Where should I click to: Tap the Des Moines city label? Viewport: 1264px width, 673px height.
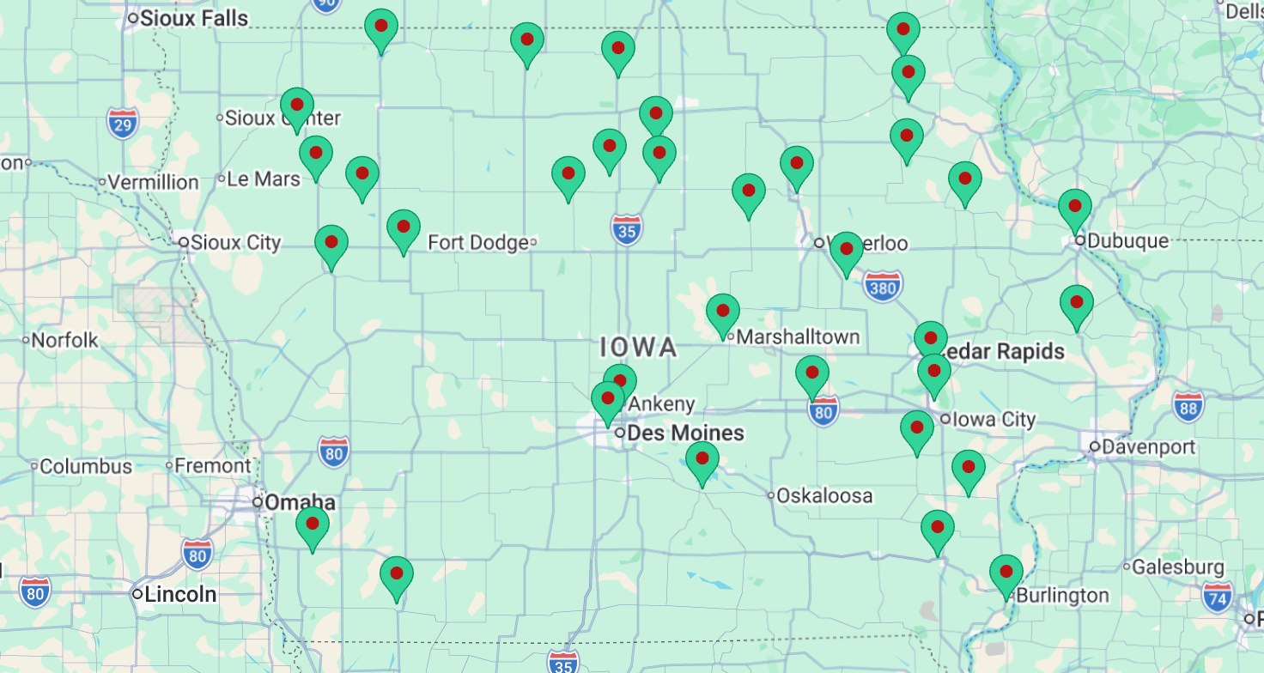[685, 433]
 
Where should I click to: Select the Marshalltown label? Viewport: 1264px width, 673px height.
[798, 336]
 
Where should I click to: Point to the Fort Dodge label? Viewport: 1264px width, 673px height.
[477, 243]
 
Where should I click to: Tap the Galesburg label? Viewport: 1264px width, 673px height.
[1177, 567]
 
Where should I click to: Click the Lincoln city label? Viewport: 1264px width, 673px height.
[180, 594]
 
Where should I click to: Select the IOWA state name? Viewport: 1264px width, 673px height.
[639, 348]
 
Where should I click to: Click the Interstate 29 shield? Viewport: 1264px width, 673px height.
[124, 124]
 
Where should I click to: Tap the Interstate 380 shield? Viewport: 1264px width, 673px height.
[882, 287]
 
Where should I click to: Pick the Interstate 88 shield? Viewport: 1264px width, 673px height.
[1188, 407]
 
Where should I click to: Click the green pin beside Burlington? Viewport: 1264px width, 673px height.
[1006, 573]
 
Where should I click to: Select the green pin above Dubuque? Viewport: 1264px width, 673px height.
[1074, 207]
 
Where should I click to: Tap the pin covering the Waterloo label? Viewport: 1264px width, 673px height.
[846, 250]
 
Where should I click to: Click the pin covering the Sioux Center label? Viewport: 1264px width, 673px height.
[297, 106]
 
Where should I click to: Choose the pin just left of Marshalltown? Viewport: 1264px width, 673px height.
[722, 312]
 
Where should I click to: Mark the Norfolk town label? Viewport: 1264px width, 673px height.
[64, 341]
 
